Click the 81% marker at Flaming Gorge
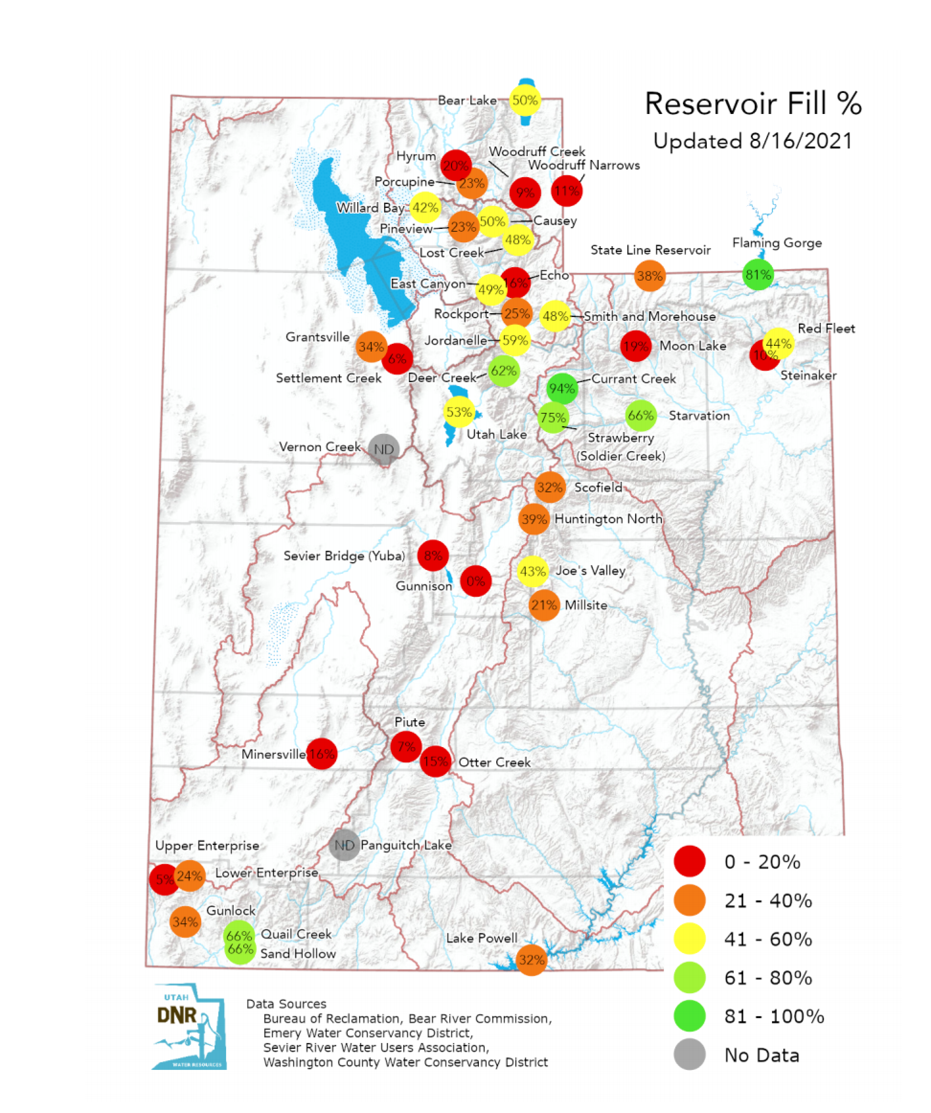pos(758,274)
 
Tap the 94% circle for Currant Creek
pos(562,388)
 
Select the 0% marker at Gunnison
pos(475,581)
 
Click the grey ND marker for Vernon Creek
pos(384,449)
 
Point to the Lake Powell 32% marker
pos(531,959)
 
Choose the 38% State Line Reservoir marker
pos(649,275)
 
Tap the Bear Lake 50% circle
pos(524,100)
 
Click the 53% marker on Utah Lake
pos(459,412)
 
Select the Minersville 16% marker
pos(322,753)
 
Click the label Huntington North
pos(608,519)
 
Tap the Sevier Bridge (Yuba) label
pos(344,556)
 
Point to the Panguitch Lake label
pos(406,845)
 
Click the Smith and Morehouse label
pos(649,317)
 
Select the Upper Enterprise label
pos(207,845)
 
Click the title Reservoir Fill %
pos(753,103)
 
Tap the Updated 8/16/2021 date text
pos(753,141)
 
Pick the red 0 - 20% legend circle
pos(689,862)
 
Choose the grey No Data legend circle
pos(689,1055)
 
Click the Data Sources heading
pos(286,1003)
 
